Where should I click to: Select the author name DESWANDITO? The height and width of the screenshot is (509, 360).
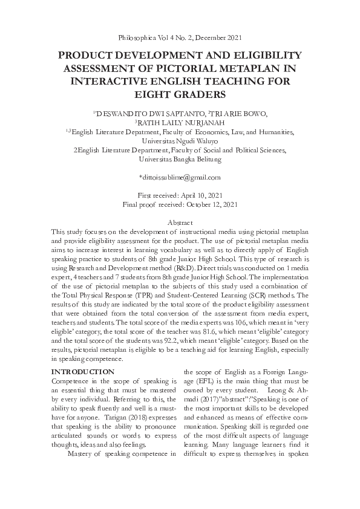coord(119,113)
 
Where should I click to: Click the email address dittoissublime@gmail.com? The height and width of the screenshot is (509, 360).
coord(180,177)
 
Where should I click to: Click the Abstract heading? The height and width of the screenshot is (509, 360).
coord(180,223)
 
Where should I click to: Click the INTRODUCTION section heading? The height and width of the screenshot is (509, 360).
coord(82,371)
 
